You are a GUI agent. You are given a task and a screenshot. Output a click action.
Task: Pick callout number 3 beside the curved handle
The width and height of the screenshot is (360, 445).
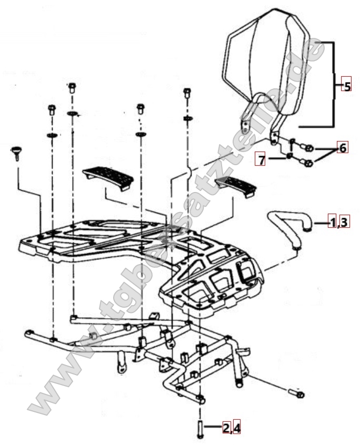tap(344, 221)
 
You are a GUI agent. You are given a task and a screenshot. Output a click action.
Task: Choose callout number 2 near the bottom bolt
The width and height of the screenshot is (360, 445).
tap(226, 428)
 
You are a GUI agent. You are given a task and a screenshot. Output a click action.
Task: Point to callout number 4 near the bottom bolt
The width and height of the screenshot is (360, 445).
tap(237, 428)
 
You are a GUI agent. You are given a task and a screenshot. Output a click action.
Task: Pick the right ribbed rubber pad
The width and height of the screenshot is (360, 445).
tap(236, 186)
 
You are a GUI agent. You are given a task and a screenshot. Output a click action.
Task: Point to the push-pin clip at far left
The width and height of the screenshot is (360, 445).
tap(17, 154)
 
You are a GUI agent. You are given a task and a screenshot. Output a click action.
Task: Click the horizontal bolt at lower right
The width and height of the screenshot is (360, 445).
tap(296, 393)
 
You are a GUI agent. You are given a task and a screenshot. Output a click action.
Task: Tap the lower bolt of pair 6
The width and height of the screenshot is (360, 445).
tap(307, 163)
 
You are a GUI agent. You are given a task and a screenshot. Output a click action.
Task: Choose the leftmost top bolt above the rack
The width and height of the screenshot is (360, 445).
tap(52, 109)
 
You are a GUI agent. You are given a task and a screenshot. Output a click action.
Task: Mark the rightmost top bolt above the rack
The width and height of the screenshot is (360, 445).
tap(187, 93)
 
